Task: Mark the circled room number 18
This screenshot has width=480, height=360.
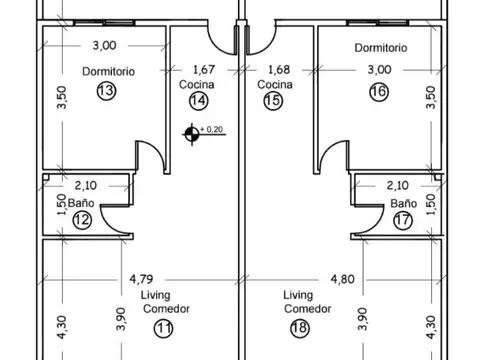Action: (298, 327)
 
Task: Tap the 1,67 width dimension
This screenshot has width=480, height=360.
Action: (205, 70)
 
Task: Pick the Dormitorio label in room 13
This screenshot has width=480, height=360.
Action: (110, 71)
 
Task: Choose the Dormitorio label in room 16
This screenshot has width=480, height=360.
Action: (379, 48)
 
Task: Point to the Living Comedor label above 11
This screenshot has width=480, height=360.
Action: (158, 302)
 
